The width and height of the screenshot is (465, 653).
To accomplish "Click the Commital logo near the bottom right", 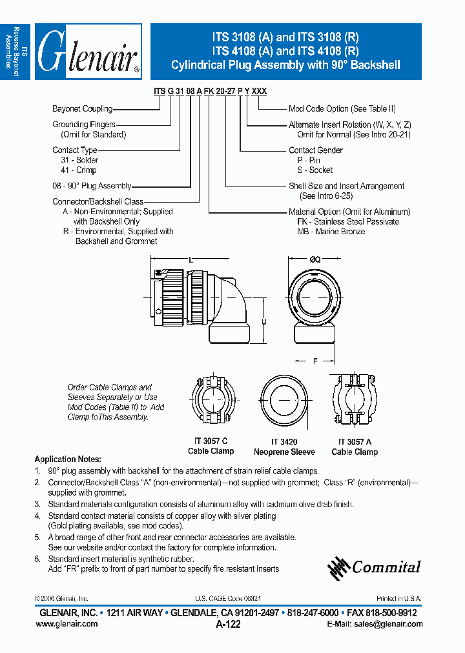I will [375, 567].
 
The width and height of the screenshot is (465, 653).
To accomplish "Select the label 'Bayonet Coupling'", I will [82, 109].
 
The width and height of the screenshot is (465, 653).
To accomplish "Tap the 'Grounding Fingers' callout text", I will [84, 125].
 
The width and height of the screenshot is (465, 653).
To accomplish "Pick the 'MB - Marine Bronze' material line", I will [331, 232].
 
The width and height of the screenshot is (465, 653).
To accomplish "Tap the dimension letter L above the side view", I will [191, 259].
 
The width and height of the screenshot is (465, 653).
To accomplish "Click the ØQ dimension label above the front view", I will [314, 259].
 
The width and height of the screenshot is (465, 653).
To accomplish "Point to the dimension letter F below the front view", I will [315, 362].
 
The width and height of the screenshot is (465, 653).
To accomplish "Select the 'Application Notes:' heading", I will [67, 459].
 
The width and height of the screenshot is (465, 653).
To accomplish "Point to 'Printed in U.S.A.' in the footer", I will [398, 599].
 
